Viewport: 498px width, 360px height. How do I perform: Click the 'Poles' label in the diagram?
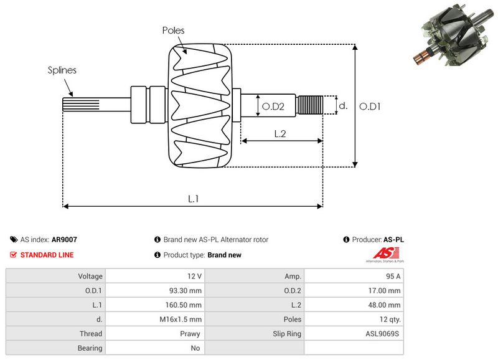(173, 30)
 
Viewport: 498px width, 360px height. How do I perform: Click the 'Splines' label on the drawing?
(62, 70)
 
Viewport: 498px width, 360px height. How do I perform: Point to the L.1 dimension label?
(193, 198)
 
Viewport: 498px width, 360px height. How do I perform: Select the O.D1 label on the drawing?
(370, 106)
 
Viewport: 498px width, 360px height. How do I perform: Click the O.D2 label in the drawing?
(273, 107)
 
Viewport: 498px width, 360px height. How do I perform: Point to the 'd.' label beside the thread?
(342, 106)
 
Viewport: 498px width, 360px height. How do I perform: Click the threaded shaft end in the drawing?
(310, 105)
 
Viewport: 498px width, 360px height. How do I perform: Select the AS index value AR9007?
(64, 239)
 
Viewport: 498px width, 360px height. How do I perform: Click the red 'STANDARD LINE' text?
(47, 255)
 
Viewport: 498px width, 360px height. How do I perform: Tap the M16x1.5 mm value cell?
(183, 320)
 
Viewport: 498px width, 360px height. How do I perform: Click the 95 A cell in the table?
(392, 276)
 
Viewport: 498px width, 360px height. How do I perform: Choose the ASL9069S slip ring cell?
(383, 334)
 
